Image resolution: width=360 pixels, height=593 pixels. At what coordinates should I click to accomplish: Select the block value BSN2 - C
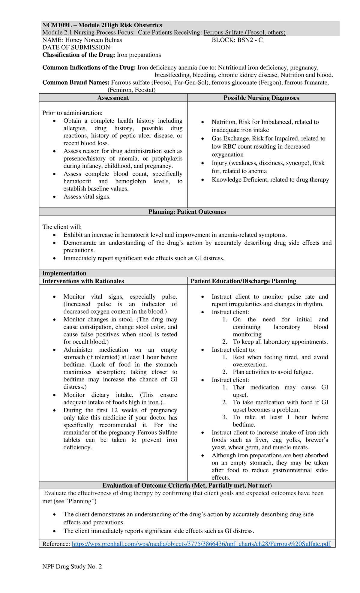coord(250,40)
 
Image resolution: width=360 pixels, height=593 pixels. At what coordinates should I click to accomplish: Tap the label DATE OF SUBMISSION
coord(77,47)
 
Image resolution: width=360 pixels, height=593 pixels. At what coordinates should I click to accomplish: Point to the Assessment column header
coord(113,98)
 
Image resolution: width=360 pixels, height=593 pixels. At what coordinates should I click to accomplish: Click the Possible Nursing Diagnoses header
coord(261,98)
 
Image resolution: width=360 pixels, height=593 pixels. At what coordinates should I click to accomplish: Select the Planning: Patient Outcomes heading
coord(187,212)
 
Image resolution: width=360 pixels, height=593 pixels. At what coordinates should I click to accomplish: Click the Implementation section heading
coord(64,273)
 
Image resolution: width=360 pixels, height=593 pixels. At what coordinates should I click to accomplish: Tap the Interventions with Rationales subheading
coord(83,281)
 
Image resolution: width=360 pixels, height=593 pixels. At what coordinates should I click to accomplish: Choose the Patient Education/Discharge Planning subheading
coord(243,281)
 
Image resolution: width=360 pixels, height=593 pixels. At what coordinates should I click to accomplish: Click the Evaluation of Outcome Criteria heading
coord(187,486)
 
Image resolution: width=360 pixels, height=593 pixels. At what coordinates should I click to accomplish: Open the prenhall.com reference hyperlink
coord(201,544)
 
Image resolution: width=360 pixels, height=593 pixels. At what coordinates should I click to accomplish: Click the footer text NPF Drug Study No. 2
coord(72,567)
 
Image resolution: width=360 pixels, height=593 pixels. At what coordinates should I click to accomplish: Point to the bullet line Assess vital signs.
coord(87,197)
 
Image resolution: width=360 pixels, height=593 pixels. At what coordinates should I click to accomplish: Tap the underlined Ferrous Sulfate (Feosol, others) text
coord(244,32)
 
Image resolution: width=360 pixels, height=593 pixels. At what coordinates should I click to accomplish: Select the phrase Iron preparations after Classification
coord(139,55)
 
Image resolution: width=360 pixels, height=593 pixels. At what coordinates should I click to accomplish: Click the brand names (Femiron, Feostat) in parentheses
coord(131,90)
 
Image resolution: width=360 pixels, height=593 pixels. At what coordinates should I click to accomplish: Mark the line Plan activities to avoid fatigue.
coord(272,372)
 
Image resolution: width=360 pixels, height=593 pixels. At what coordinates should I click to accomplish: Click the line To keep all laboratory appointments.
coord(280,342)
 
